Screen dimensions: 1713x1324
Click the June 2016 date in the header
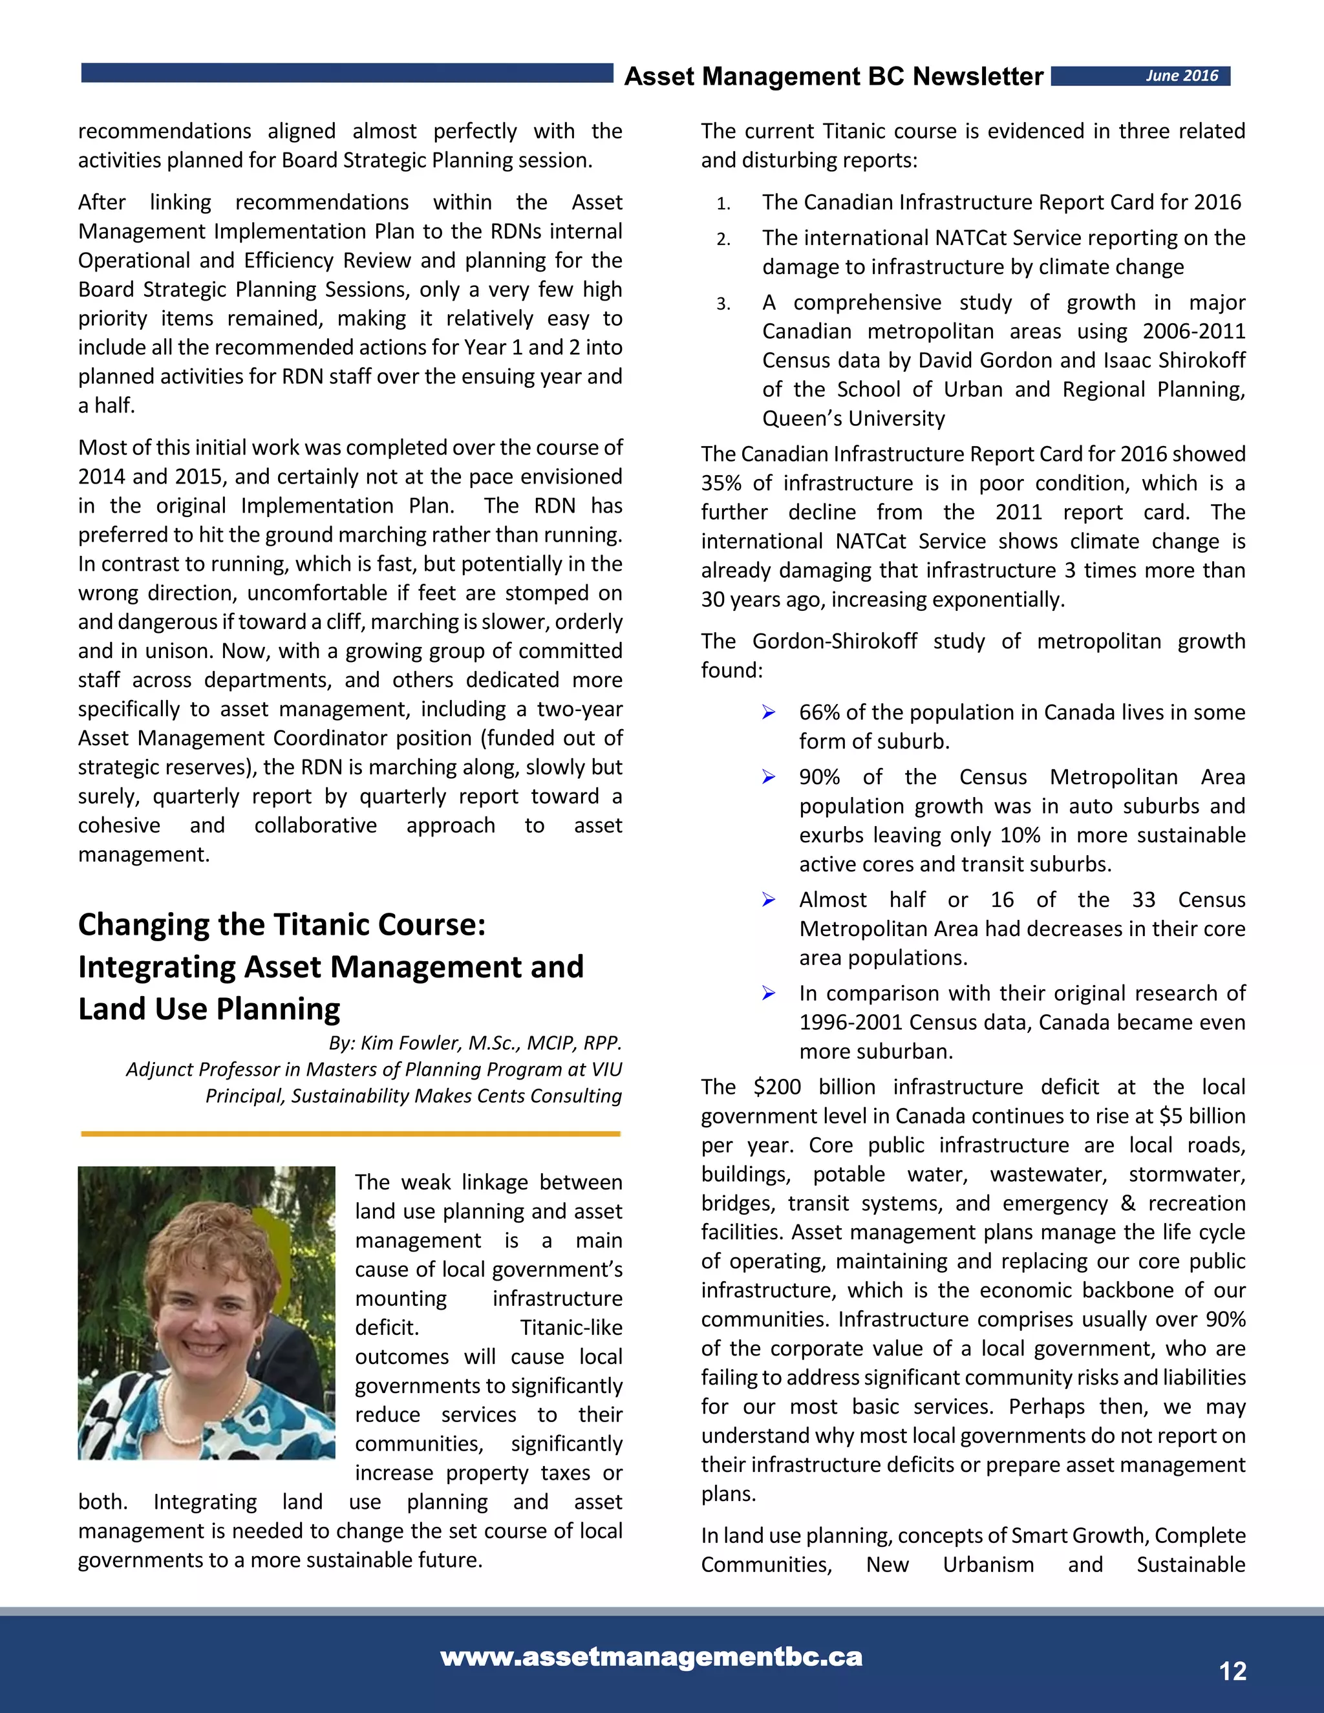[x=1181, y=76]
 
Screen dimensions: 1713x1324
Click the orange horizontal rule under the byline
[x=350, y=1133]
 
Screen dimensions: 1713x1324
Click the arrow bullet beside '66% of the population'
[x=769, y=712]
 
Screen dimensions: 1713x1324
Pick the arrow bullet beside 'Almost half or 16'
[x=769, y=900]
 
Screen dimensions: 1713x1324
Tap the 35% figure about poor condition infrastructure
[x=721, y=483]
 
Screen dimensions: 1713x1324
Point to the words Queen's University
[x=853, y=419]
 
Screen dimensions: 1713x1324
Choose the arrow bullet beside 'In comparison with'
[x=769, y=994]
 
